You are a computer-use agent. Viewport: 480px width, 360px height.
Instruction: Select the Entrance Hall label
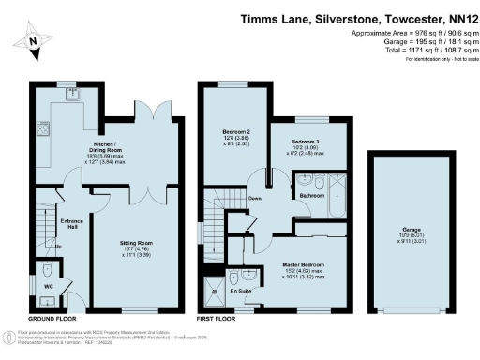(x=47, y=222)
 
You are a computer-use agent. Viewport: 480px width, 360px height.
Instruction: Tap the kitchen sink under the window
(x=70, y=95)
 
